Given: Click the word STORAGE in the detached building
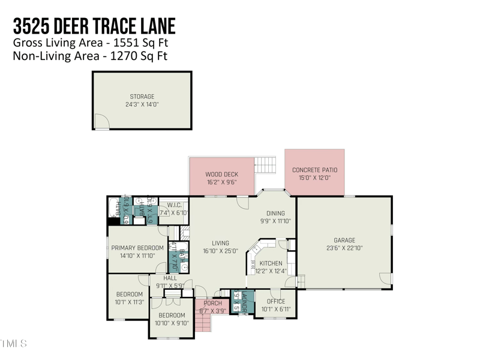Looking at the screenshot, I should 142,96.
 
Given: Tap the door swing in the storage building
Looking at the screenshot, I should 103,122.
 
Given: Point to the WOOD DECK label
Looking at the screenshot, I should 221,175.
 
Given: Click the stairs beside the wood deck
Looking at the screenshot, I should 265,163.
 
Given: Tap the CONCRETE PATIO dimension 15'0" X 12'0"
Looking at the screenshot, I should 314,178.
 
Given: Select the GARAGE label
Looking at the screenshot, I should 344,240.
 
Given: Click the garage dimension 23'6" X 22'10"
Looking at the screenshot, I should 344,248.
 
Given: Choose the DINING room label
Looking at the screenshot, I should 276,213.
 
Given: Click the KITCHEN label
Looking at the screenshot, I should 271,263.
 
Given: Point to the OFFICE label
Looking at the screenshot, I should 276,301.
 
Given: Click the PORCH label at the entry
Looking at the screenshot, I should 212,304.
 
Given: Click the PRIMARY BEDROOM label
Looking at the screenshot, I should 137,248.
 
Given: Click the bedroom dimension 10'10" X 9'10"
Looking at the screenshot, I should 172,323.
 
